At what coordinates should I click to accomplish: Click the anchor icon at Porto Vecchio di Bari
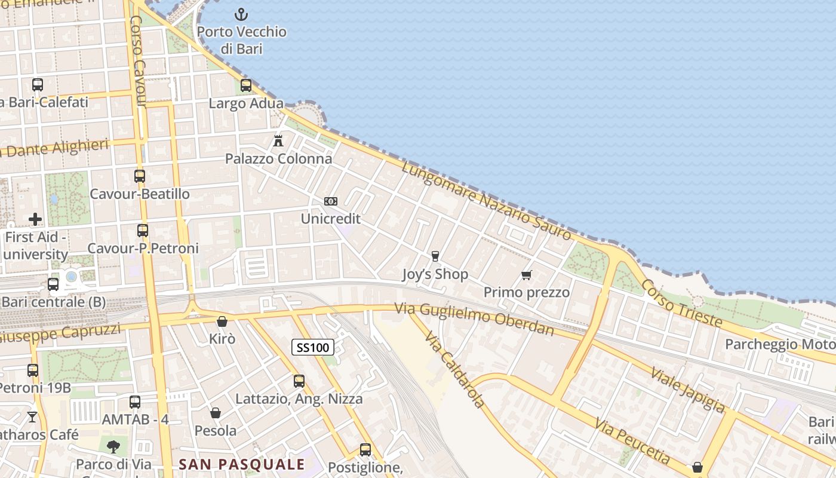[241, 14]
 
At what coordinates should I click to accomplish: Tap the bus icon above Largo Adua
[246, 85]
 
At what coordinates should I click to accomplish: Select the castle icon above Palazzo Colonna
[278, 141]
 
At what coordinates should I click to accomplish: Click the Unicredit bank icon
[330, 201]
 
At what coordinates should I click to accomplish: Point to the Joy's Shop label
[435, 275]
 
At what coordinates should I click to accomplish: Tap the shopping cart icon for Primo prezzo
[526, 275]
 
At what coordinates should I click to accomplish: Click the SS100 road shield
[313, 347]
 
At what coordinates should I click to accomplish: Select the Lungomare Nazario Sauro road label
[487, 200]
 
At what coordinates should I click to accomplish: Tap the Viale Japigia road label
[687, 390]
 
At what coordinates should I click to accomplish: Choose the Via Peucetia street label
[632, 440]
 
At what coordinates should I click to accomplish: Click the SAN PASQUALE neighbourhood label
[242, 464]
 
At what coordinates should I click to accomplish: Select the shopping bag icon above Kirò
[222, 321]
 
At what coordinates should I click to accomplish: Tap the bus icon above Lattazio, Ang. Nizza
[299, 381]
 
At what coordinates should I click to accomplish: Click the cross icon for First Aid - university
[35, 219]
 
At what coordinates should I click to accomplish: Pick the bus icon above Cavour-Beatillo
[140, 176]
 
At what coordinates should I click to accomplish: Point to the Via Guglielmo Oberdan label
[474, 319]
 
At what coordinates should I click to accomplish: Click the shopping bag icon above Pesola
[216, 413]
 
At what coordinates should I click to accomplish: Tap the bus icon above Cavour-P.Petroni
[143, 231]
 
